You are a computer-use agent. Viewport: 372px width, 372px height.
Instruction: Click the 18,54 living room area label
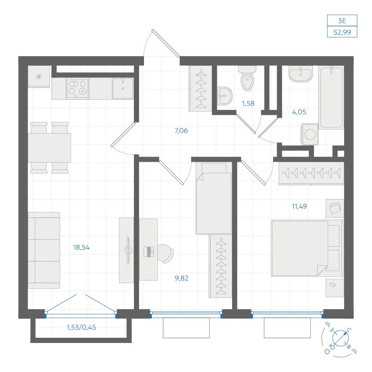(81, 247)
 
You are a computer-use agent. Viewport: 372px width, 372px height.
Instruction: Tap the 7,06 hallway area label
(181, 131)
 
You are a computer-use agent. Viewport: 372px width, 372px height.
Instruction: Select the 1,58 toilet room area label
(248, 103)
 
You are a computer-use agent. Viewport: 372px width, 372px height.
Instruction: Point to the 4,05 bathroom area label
(299, 112)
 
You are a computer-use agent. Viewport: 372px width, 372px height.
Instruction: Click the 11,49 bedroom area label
(299, 206)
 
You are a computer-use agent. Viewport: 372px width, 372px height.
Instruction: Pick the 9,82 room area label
(182, 278)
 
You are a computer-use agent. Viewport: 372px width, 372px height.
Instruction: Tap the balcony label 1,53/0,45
(81, 327)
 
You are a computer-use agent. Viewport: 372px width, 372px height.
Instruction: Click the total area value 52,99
(342, 32)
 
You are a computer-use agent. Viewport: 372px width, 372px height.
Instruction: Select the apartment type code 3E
(342, 21)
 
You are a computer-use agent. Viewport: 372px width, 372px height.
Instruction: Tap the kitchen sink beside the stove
(123, 88)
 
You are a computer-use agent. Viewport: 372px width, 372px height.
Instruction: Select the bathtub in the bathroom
(331, 97)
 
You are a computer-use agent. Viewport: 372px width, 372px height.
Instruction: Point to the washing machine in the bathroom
(310, 134)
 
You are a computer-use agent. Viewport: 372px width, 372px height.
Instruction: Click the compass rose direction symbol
(340, 338)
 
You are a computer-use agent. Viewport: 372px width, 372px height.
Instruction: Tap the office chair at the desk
(166, 254)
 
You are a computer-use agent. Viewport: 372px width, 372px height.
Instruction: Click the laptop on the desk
(149, 252)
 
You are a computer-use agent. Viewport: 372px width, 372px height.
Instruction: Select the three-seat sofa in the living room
(44, 250)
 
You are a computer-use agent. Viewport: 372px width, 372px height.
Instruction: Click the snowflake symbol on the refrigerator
(39, 77)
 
